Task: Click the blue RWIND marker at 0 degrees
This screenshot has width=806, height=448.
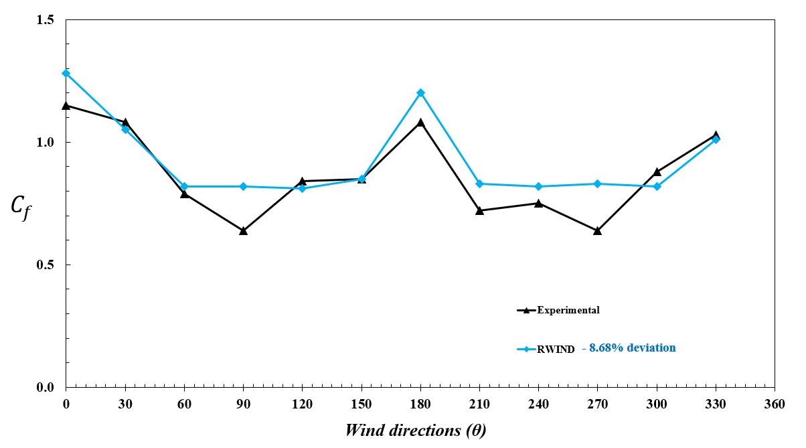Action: click(x=66, y=73)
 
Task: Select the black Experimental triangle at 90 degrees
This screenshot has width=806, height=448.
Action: click(x=243, y=230)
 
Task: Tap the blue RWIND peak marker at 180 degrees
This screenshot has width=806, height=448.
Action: click(x=420, y=92)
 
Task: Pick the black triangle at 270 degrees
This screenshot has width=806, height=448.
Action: click(x=597, y=230)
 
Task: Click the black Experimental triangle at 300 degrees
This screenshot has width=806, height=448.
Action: click(x=657, y=172)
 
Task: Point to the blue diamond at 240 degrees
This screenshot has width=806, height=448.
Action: click(x=538, y=186)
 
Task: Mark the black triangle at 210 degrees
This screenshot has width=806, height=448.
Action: click(x=479, y=210)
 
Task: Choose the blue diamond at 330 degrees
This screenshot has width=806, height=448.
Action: click(x=716, y=139)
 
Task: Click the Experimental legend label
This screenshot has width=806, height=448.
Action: click(x=568, y=310)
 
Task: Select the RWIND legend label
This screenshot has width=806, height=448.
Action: click(x=556, y=349)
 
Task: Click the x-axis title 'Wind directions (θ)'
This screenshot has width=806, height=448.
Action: click(x=415, y=430)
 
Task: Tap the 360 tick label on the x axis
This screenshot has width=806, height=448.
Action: click(x=775, y=404)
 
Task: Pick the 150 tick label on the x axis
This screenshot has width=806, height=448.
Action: click(x=361, y=404)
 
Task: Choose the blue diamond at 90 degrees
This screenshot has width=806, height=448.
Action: click(x=243, y=186)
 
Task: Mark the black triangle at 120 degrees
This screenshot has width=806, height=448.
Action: click(x=303, y=181)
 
